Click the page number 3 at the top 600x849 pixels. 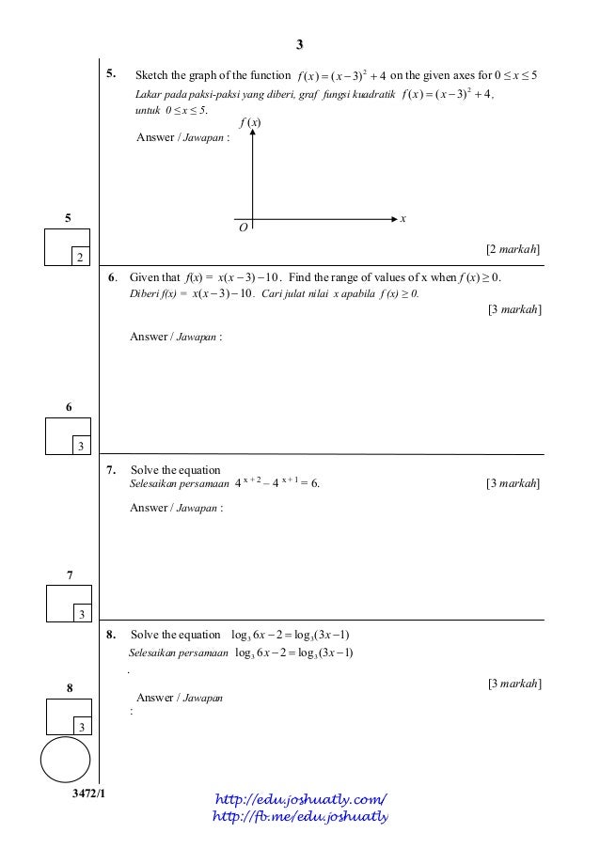point(299,44)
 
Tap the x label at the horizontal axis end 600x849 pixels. point(403,219)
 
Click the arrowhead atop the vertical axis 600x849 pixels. point(253,135)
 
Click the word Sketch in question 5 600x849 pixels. point(152,74)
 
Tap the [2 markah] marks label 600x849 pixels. point(513,249)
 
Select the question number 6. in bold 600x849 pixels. point(111,277)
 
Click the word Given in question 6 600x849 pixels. point(145,278)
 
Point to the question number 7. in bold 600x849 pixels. point(111,470)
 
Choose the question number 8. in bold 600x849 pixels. point(111,634)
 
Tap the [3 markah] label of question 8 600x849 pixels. point(513,684)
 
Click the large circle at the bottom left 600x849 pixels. point(66,760)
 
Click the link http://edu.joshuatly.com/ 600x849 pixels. point(301,799)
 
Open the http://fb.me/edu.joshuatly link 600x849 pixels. point(301,816)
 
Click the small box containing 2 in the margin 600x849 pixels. point(79,257)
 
